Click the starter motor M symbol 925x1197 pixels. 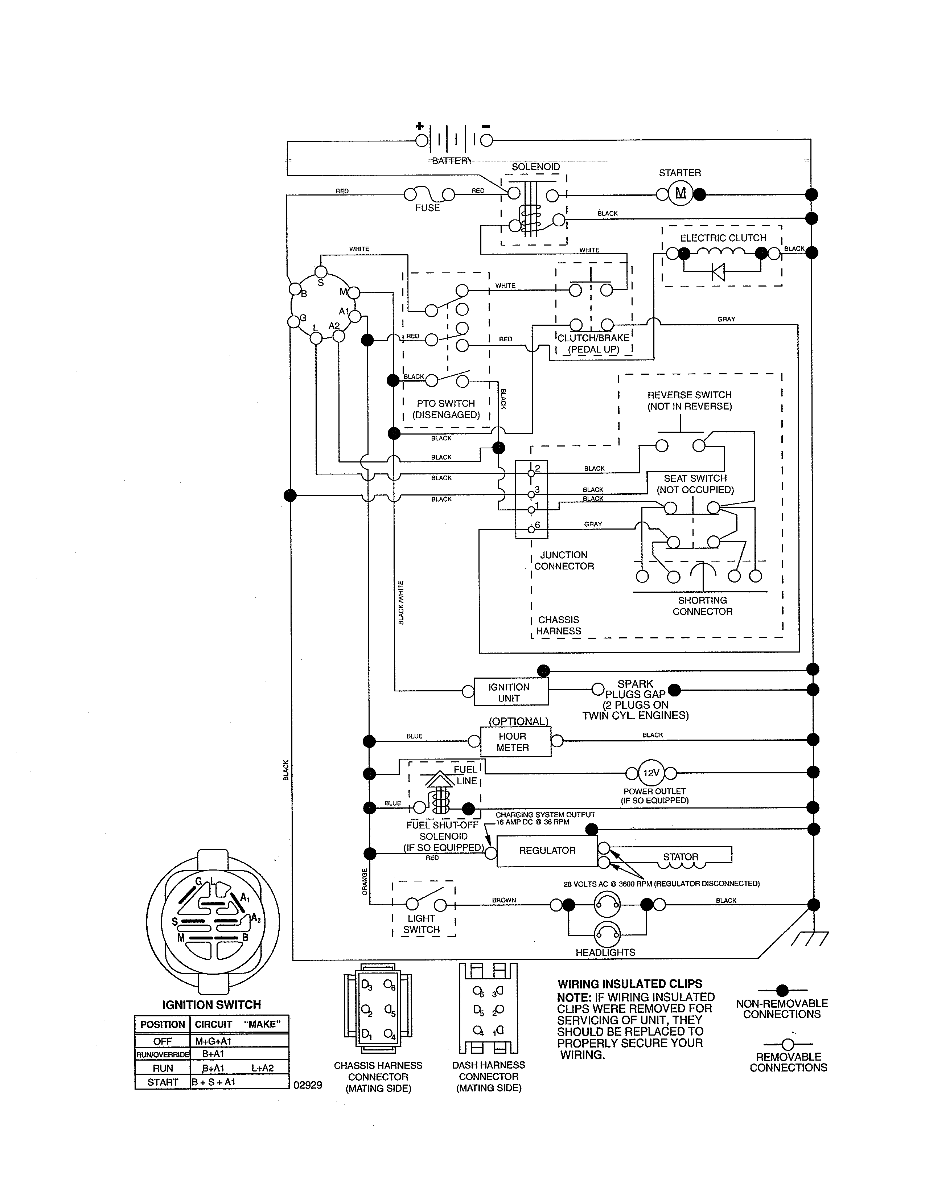coord(680,193)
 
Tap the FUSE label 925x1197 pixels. coord(427,208)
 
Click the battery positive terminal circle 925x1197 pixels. coord(422,141)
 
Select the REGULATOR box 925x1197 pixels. coord(547,851)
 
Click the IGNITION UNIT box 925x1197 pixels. coord(509,692)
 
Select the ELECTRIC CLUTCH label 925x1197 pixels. coord(723,238)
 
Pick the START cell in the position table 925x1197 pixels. coord(163,1082)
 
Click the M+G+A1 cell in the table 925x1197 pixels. coord(214,1041)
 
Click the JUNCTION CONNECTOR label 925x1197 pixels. coord(564,560)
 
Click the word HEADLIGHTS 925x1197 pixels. coord(605,953)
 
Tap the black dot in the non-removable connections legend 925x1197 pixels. coord(782,990)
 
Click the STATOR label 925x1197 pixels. coord(681,857)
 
